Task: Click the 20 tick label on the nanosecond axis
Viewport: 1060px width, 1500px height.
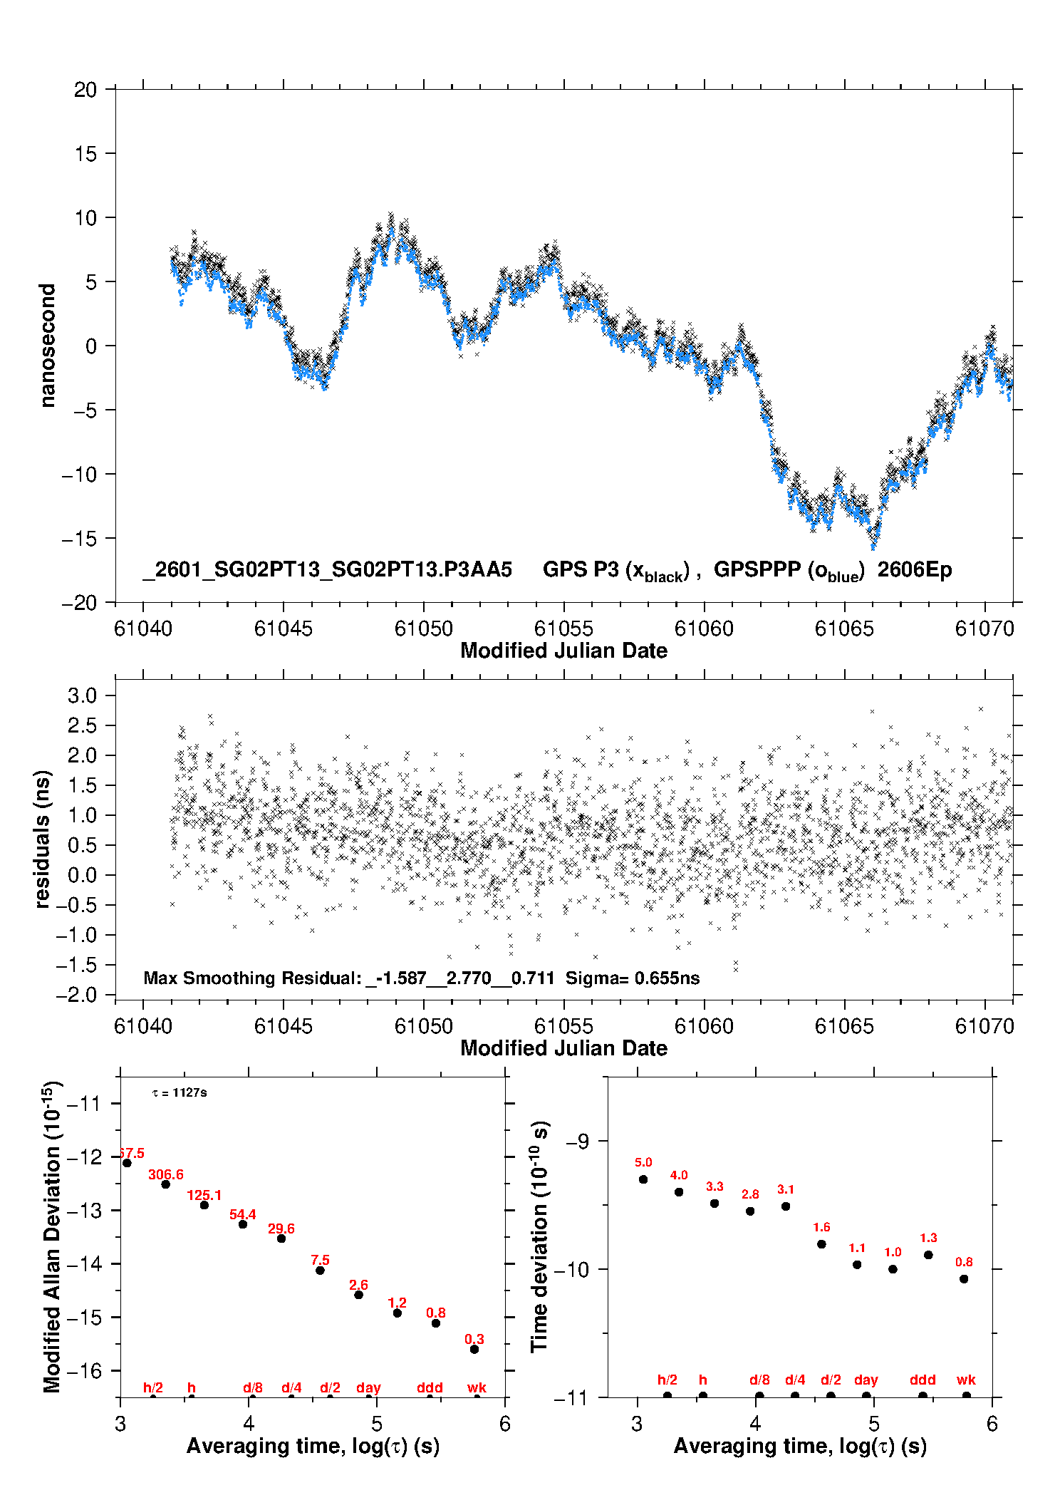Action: click(85, 90)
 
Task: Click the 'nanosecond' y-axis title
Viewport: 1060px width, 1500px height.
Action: click(48, 345)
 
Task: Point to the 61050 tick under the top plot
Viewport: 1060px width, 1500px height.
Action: click(423, 629)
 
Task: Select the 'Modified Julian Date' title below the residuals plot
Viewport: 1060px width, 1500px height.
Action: click(563, 1048)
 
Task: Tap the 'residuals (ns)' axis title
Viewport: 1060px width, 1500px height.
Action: click(43, 839)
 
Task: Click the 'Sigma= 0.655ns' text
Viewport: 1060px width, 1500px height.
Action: click(633, 978)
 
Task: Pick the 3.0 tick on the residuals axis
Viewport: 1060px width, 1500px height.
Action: click(82, 695)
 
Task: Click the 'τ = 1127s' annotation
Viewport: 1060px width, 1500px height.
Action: click(180, 1093)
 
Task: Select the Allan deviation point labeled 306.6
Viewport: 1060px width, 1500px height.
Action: click(165, 1184)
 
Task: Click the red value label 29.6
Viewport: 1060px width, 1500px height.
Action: click(281, 1229)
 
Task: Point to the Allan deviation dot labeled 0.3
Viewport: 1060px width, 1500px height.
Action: click(474, 1349)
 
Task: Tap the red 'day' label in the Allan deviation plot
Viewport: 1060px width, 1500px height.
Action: click(368, 1387)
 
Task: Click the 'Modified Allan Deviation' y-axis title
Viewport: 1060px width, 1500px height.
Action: click(51, 1236)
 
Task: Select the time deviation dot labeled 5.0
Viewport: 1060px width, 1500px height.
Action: click(643, 1179)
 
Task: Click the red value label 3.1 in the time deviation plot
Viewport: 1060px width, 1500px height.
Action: click(786, 1189)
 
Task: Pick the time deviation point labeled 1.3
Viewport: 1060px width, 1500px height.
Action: click(928, 1255)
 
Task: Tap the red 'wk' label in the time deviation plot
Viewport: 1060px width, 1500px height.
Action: click(966, 1380)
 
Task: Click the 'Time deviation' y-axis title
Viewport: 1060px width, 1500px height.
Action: click(539, 1236)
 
